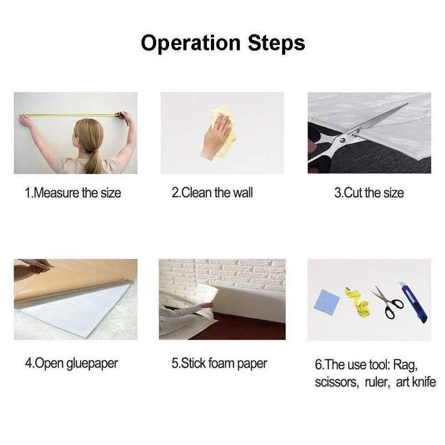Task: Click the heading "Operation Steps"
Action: tap(223, 43)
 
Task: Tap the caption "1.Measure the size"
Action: tap(73, 193)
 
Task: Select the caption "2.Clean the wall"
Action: tap(212, 192)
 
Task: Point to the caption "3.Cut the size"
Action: tap(369, 193)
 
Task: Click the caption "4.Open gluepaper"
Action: tap(72, 364)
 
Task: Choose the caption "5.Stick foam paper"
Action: tap(219, 364)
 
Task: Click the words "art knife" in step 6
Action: tap(416, 382)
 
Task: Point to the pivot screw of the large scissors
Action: tap(343, 140)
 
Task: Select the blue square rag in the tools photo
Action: tap(327, 300)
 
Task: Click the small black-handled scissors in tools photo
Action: tap(387, 303)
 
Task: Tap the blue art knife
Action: tap(413, 302)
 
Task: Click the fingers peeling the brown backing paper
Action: tap(38, 266)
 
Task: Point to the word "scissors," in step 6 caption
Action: tap(337, 382)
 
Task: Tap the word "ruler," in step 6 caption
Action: tap(378, 382)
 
